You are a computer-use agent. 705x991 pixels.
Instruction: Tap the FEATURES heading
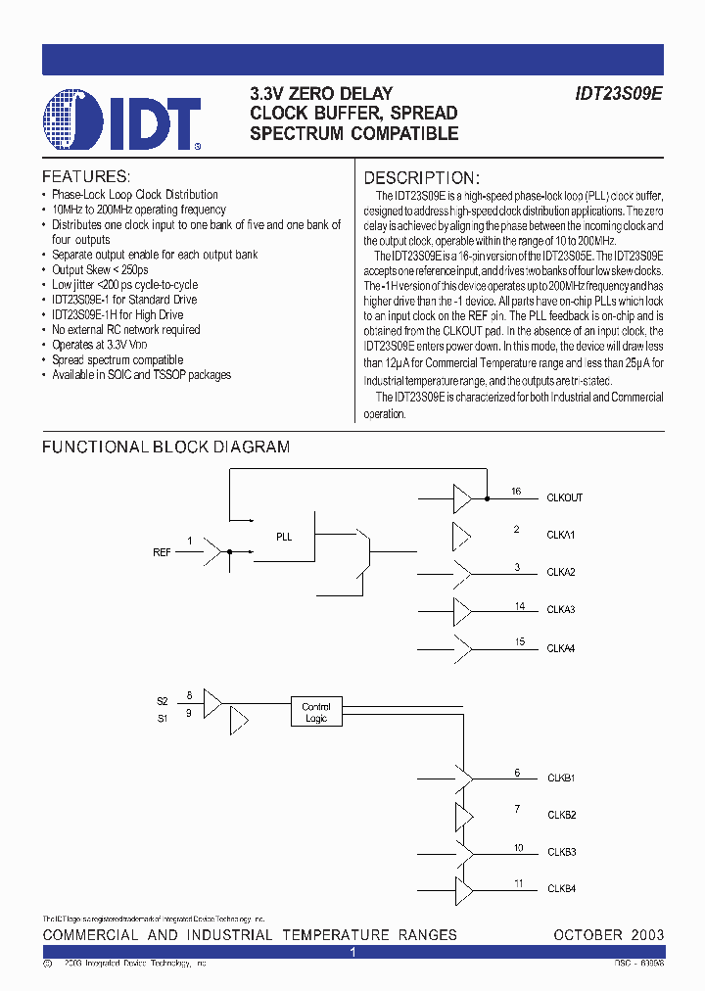(86, 177)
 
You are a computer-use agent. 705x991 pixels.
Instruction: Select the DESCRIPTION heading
(421, 178)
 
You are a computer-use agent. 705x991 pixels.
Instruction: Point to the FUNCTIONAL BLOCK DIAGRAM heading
(165, 448)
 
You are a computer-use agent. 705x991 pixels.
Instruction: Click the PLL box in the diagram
(284, 537)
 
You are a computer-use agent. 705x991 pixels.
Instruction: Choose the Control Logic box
(316, 713)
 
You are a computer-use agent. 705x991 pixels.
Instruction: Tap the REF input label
(162, 552)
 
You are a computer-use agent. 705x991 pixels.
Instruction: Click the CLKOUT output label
(564, 497)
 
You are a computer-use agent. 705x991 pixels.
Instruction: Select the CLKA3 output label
(560, 609)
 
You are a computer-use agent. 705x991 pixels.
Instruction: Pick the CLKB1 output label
(560, 778)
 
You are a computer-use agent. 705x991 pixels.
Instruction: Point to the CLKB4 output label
(560, 889)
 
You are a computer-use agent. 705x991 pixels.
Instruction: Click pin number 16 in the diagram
(516, 492)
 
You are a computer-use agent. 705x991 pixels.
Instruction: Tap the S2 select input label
(162, 701)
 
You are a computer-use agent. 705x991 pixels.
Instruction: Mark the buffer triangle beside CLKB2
(462, 816)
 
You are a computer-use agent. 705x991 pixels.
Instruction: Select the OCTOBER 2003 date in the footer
(608, 935)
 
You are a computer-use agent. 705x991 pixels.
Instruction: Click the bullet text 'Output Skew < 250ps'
(100, 269)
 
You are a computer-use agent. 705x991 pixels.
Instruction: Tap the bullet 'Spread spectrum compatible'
(117, 359)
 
